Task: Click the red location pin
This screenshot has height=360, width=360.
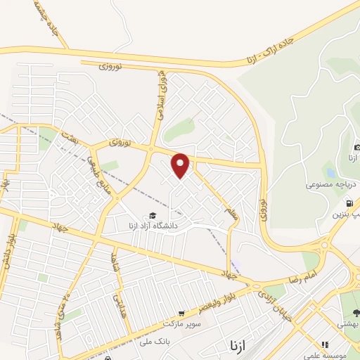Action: (x=181, y=165)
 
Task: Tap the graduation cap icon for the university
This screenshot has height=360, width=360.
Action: (x=151, y=216)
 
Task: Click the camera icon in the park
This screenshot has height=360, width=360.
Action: (x=357, y=147)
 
